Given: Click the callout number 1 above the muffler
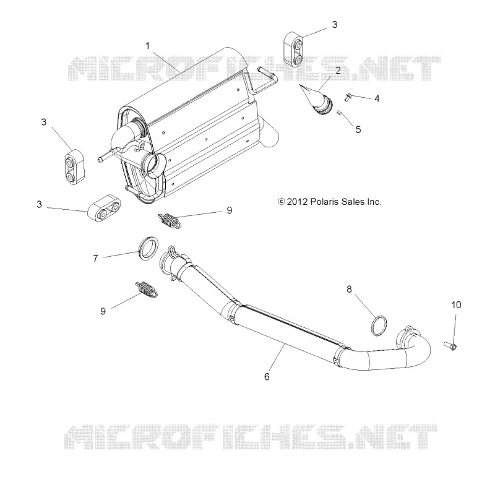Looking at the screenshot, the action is coord(147,46).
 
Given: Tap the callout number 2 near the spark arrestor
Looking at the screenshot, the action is coord(338,71).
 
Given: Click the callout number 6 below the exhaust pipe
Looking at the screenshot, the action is coord(267,377).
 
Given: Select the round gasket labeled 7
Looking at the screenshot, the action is coord(148,248).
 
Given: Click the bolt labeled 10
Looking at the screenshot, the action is coord(450,346).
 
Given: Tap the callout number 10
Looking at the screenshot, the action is coord(456,304).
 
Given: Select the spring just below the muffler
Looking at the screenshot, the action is coord(170,220).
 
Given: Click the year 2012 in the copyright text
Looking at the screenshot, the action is coord(297,202).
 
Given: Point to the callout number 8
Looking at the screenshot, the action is coord(349,289).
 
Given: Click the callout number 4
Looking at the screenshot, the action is coord(377,98).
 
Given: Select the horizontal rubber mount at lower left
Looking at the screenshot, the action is coord(105,209).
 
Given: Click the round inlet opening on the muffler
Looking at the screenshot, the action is coord(155,163).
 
